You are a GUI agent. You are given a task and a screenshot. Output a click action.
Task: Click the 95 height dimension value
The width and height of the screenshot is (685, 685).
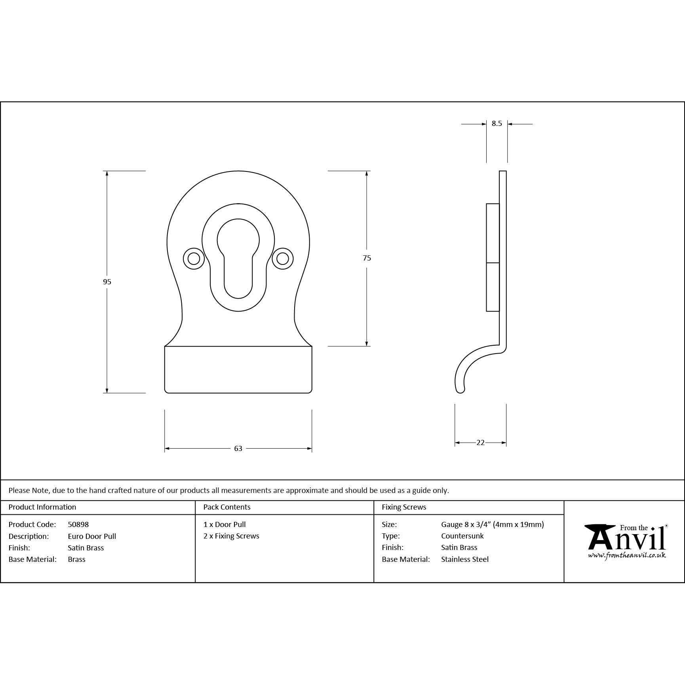[107, 282]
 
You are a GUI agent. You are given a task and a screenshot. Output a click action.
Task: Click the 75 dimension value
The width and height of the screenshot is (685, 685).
[367, 258]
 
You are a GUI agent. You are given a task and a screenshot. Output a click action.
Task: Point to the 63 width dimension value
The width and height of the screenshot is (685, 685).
[238, 449]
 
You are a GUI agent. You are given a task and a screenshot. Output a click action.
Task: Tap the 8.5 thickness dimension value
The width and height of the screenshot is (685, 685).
[497, 124]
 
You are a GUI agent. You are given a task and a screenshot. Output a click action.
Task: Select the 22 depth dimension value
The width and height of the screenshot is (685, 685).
[480, 443]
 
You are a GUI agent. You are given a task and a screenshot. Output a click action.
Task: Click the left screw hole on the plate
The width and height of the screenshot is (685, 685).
[194, 259]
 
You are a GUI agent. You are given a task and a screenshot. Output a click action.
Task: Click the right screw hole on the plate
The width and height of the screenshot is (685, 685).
[282, 259]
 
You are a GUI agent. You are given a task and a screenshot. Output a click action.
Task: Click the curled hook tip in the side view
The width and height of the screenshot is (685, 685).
[460, 390]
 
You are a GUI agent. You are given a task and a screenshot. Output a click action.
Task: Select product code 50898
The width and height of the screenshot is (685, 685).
[78, 524]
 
